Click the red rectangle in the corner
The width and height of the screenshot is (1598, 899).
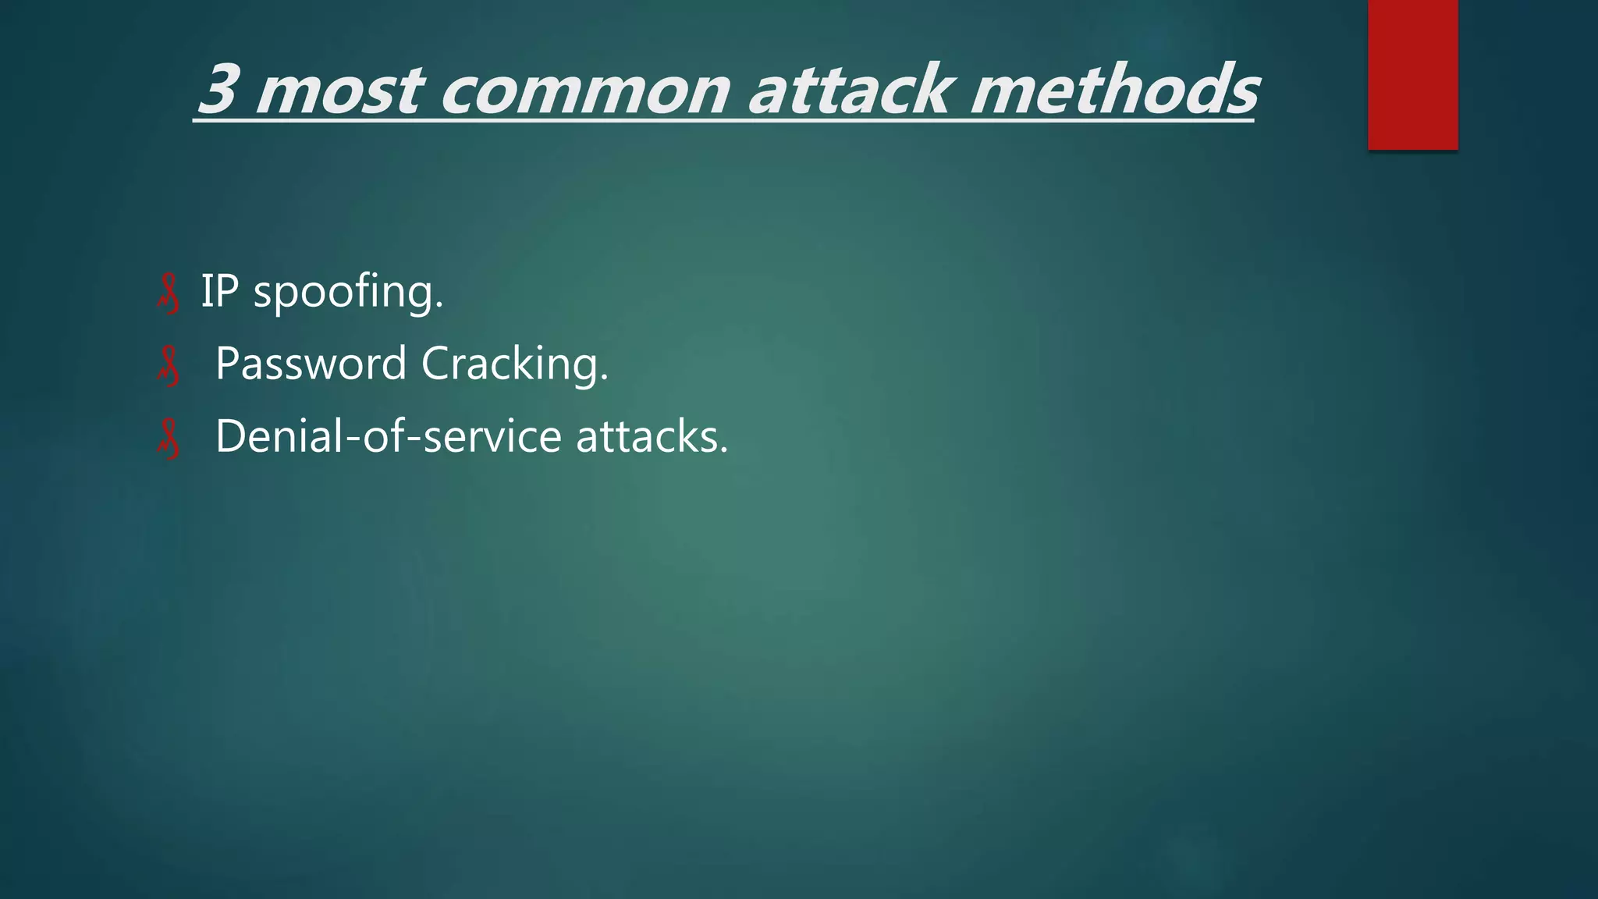(x=1412, y=74)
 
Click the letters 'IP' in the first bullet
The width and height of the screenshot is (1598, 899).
(x=219, y=291)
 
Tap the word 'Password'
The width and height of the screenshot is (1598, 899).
(x=311, y=364)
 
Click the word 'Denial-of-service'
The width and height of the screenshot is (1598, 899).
(x=388, y=435)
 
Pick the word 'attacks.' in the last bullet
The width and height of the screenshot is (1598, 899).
(x=652, y=436)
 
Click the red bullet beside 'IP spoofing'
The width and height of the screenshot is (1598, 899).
(x=168, y=294)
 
